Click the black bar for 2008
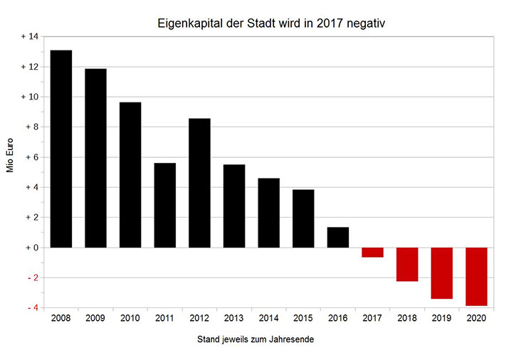coord(60,149)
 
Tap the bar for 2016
coord(338,238)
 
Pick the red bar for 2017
coord(372,253)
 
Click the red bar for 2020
coord(476,276)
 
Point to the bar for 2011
coord(165,205)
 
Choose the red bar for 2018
coord(407,264)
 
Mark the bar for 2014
coord(269,213)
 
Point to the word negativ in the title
coord(367,23)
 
